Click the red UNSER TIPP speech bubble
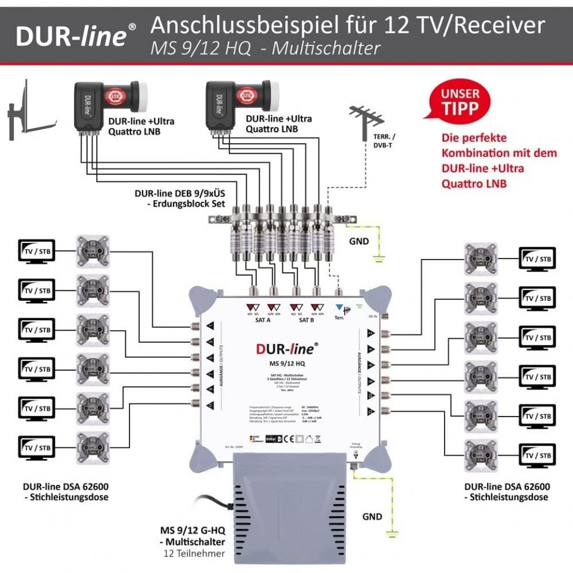(x=459, y=102)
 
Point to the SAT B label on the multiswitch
(x=306, y=320)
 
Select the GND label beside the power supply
(x=372, y=516)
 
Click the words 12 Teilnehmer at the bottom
(x=192, y=553)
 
